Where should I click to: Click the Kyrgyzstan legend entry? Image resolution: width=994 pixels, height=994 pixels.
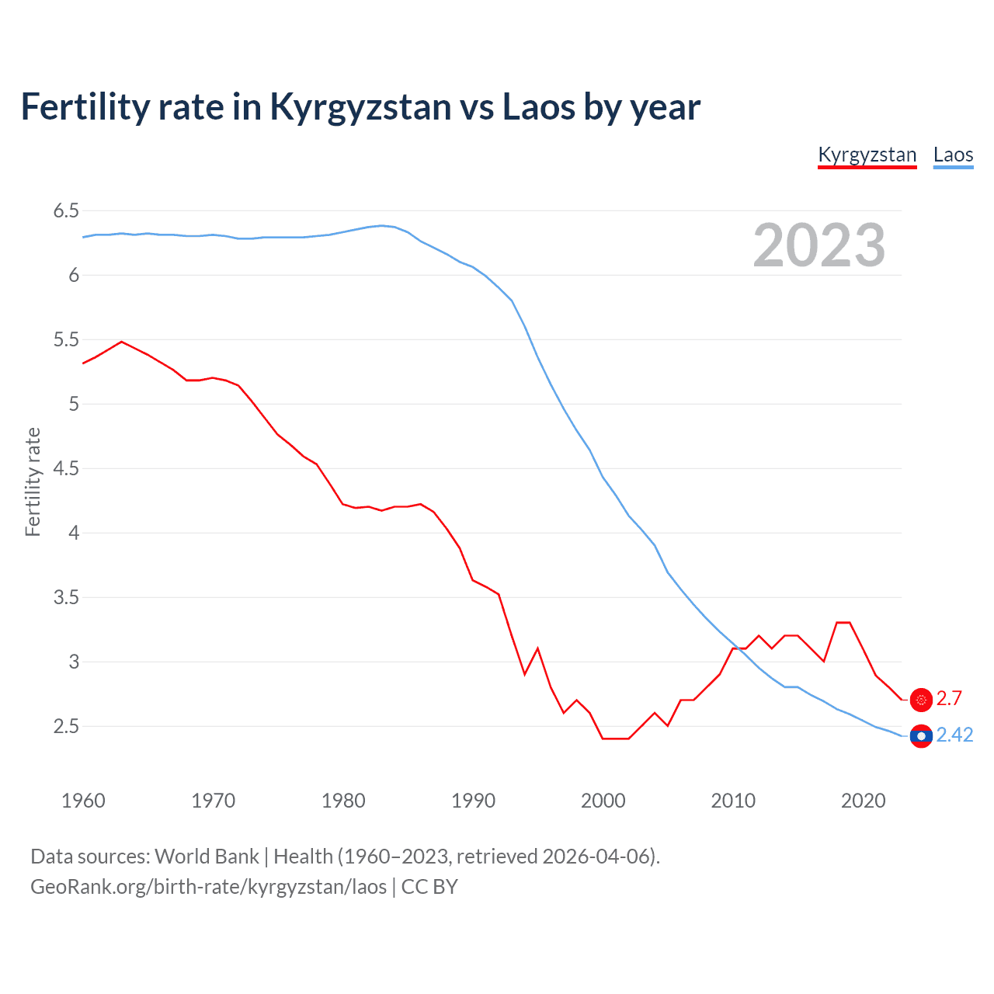point(867,155)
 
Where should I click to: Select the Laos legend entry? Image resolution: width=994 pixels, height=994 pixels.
point(953,155)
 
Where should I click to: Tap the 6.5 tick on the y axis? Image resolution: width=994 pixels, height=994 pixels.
point(66,210)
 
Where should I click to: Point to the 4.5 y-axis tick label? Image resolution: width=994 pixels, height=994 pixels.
point(66,468)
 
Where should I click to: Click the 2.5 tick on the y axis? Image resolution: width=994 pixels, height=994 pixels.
point(66,726)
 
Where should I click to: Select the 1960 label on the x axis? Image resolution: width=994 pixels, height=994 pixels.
point(83,801)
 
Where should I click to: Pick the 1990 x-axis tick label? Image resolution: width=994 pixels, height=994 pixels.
point(473,801)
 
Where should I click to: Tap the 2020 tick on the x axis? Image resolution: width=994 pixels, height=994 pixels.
point(863,801)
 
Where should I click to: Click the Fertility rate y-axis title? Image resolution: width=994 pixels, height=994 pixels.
point(33,481)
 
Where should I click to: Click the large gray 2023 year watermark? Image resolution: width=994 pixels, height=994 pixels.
point(819,245)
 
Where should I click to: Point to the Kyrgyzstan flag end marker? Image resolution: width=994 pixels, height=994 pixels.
point(921,700)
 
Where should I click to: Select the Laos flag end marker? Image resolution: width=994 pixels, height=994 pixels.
point(921,735)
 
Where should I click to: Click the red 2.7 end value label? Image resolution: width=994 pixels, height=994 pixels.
point(949,698)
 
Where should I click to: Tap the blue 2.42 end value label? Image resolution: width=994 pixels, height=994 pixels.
point(954,735)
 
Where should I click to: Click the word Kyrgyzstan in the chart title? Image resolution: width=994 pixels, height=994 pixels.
point(360,106)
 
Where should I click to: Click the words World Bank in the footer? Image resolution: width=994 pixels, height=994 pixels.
point(207,856)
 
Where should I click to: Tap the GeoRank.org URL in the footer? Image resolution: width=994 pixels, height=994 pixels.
point(208,886)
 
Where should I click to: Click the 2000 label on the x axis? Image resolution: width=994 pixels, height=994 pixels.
point(603,801)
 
